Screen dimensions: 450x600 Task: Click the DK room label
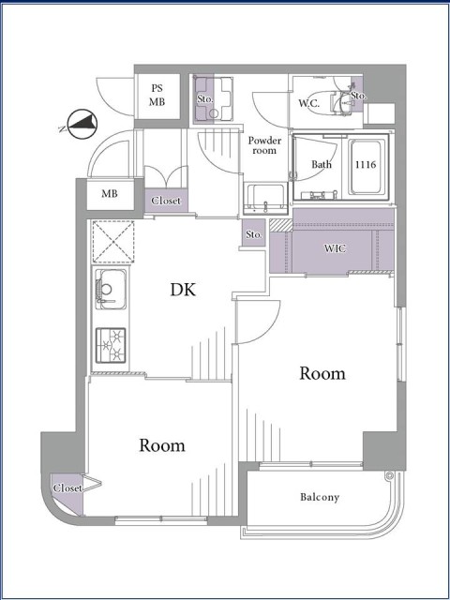[x=183, y=290]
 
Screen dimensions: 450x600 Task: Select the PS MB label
[x=157, y=96]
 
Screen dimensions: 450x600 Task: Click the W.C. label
[x=309, y=103]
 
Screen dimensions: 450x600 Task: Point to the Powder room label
[x=264, y=145]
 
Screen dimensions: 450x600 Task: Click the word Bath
[x=322, y=165]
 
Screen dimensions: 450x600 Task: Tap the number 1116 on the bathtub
[x=366, y=165]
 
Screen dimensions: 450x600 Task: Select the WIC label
[x=336, y=248]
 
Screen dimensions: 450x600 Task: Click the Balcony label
[x=320, y=497]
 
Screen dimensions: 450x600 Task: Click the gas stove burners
[x=111, y=346]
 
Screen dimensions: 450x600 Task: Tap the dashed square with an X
[x=112, y=242]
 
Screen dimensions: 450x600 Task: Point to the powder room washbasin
[x=264, y=199]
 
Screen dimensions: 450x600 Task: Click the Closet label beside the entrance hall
[x=166, y=201]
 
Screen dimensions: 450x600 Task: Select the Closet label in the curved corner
[x=67, y=488]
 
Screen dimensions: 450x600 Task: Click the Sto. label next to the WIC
[x=254, y=234]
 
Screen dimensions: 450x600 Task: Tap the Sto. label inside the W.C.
[x=358, y=96]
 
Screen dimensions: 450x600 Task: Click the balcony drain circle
[x=390, y=476]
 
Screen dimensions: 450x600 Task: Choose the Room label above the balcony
[x=322, y=373]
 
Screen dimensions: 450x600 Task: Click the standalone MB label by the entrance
[x=110, y=194]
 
